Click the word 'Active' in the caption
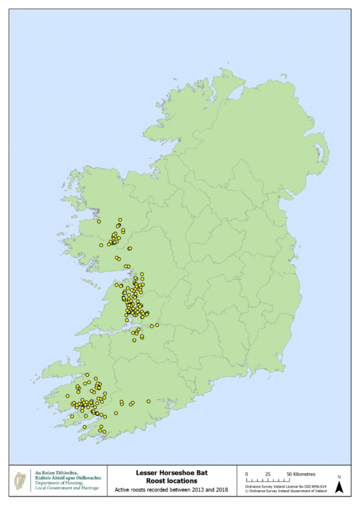(x=123, y=490)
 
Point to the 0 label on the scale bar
(x=247, y=474)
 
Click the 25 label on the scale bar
(x=268, y=474)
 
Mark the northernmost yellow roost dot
(x=120, y=220)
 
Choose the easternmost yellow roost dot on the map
(x=157, y=325)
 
